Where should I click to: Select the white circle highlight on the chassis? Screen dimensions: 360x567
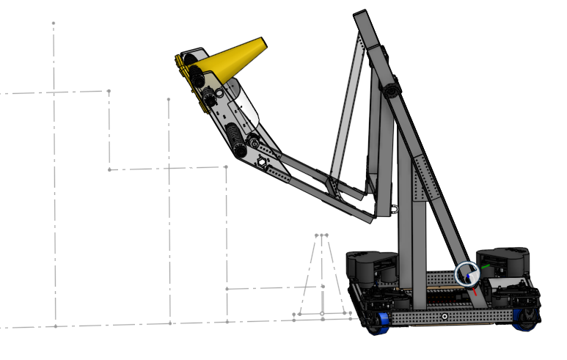tap(467, 274)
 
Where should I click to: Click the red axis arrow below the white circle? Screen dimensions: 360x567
tap(475, 290)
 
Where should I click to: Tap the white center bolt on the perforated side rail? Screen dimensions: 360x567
tap(444, 316)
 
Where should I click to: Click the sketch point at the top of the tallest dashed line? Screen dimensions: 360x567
tap(53, 23)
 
